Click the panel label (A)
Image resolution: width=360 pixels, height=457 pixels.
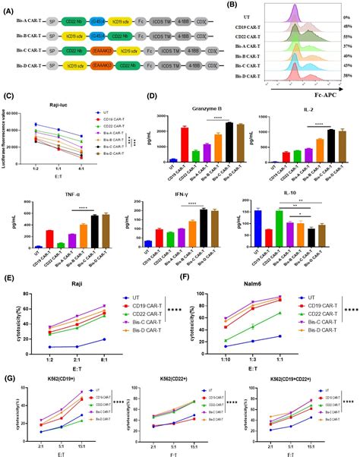click(8, 7)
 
